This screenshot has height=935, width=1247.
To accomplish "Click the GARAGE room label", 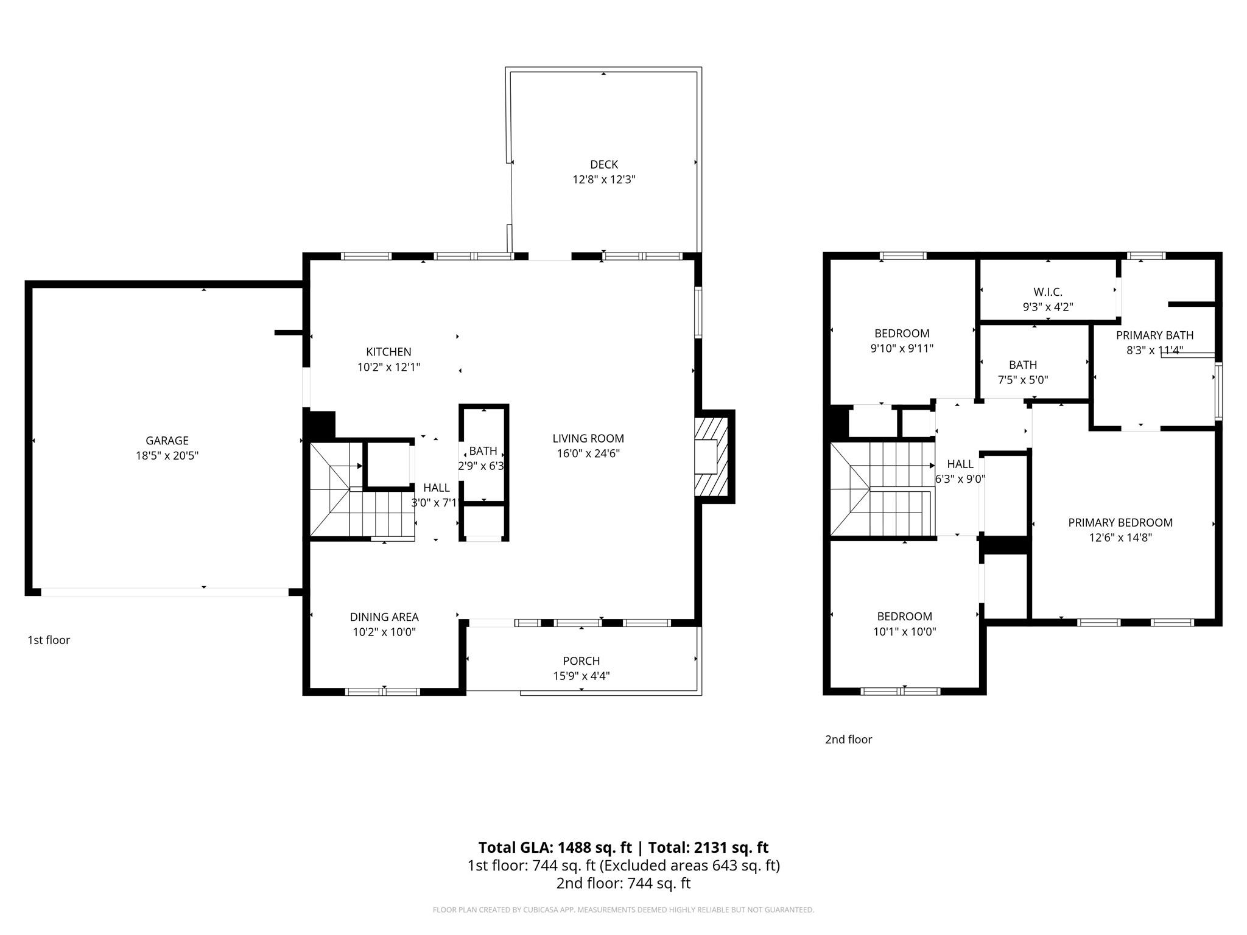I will click(x=167, y=440).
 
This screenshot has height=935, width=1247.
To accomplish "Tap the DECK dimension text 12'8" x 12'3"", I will click(x=603, y=180).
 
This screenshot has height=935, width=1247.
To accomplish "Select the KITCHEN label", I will click(x=388, y=352).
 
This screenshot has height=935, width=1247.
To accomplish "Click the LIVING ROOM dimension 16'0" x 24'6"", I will click(x=588, y=453).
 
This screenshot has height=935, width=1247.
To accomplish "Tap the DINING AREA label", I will click(x=384, y=617).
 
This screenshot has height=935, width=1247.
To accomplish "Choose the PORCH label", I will click(x=581, y=660).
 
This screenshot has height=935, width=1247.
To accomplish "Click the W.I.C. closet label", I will click(x=1047, y=292).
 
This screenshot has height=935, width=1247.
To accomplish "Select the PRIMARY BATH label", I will click(x=1154, y=335).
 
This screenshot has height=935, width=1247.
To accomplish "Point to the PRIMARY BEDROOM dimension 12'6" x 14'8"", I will click(x=1120, y=538).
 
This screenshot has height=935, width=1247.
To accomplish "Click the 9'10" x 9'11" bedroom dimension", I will click(x=901, y=349).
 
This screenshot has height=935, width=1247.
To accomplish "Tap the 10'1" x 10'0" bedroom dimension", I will click(x=904, y=632).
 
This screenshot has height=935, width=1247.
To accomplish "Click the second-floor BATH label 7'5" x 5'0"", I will click(x=1022, y=365).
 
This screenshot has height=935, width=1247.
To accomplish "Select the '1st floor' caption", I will click(x=49, y=640).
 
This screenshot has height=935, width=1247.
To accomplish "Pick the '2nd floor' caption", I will click(x=848, y=740).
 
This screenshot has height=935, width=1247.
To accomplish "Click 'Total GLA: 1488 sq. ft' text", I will click(x=554, y=847).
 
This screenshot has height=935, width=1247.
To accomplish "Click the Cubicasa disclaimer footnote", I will click(x=623, y=910).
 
